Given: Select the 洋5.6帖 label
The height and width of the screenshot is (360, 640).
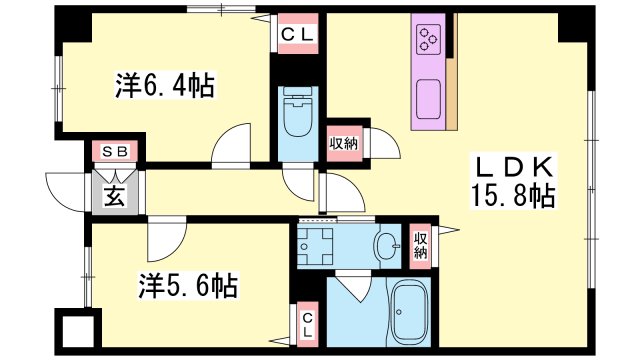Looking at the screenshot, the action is [x=187, y=287].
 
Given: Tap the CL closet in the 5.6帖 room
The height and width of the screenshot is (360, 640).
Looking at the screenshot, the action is [x=308, y=326].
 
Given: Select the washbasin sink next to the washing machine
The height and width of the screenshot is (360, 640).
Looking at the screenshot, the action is [x=385, y=244].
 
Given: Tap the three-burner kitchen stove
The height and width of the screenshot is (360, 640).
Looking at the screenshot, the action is [x=430, y=40].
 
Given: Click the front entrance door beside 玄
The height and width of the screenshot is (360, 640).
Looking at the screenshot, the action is [x=63, y=187].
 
